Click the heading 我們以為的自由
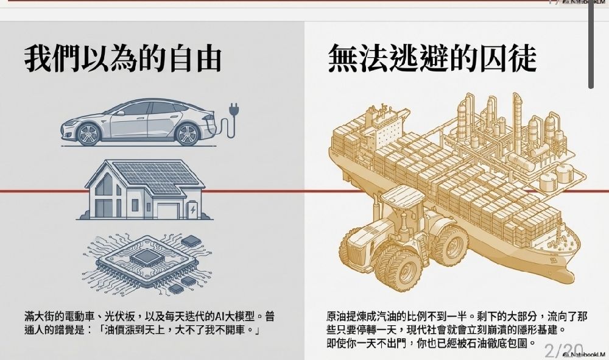click(x=123, y=59)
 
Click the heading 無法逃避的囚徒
click(x=432, y=58)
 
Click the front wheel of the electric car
click(x=88, y=134)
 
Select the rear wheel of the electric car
click(x=188, y=134)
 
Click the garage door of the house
click(x=168, y=211)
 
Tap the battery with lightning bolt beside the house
click(x=192, y=210)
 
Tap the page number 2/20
click(x=564, y=351)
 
